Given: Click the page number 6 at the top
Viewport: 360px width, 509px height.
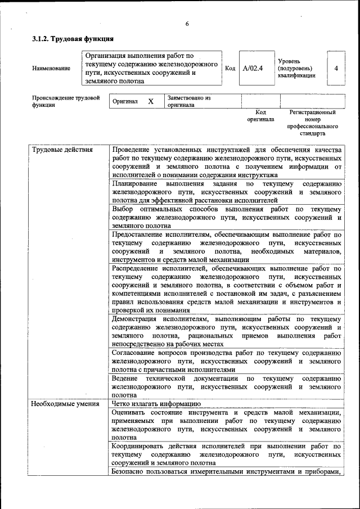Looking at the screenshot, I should click(187, 24).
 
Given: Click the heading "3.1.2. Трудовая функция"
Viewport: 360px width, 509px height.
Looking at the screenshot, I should click(73, 39).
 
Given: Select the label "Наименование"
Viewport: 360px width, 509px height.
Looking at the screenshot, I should click(51, 69).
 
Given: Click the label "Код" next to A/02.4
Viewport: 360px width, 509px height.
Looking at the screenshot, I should click(229, 68).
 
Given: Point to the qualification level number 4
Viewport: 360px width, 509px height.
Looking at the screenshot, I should click(336, 68).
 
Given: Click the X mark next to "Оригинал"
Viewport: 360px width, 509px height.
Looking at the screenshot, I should click(150, 101).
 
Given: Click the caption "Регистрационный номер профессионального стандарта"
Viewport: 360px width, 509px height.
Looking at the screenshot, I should click(313, 123).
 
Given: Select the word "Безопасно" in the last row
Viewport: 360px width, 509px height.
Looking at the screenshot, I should click(128, 471).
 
